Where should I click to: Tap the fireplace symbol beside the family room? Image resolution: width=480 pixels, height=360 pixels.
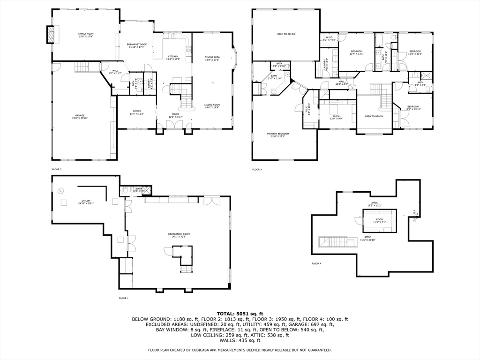coord(51,34)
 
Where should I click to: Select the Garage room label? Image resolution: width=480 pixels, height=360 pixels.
coord(80,116)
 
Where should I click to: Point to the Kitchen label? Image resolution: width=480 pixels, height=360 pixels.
coord(173,58)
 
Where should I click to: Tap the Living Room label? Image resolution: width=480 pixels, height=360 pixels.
coord(212,106)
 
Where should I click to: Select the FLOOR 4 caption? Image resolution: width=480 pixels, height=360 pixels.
coord(316,263)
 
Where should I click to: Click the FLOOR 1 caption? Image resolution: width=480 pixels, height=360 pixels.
coord(123,298)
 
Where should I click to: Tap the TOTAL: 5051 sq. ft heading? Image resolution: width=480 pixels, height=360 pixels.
coord(240,314)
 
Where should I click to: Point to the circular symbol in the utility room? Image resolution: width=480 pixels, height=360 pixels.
coord(60,191)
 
